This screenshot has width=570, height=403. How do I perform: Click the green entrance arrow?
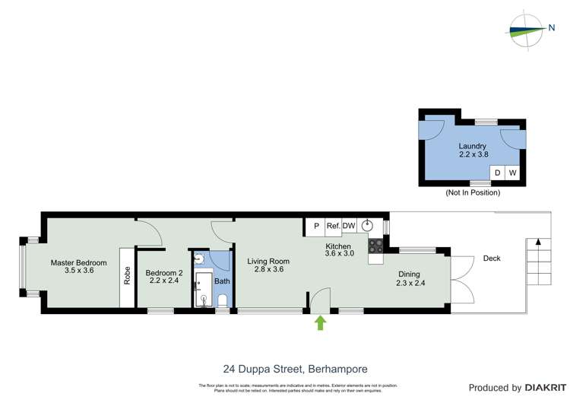click(x=320, y=323)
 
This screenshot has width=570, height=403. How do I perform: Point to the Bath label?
click(x=222, y=281)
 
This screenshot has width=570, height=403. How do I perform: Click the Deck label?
click(x=492, y=259)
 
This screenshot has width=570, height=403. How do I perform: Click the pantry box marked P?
click(x=316, y=226)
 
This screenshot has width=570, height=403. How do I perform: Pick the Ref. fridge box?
click(x=333, y=226)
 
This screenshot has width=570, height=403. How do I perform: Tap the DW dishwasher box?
click(x=349, y=226)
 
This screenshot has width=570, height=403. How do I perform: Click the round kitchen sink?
click(x=368, y=225)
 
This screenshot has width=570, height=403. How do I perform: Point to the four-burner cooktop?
click(x=375, y=246)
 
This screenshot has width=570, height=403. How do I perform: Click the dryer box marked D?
click(x=498, y=173)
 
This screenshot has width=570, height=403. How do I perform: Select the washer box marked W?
click(x=513, y=173)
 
